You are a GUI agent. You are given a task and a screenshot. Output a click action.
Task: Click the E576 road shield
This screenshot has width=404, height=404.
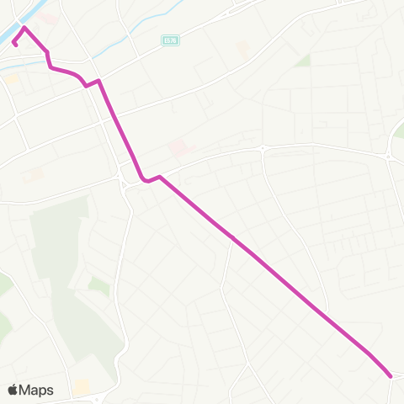click(x=167, y=40)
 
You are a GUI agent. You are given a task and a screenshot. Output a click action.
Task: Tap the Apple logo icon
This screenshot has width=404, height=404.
click(x=13, y=390)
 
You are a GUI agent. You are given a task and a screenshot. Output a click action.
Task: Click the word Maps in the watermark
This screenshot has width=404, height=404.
click(x=36, y=390)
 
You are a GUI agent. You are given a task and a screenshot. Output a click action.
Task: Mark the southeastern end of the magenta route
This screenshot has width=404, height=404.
click(x=391, y=376)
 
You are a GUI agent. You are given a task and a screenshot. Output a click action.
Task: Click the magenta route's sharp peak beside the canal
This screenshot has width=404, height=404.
click(x=24, y=28)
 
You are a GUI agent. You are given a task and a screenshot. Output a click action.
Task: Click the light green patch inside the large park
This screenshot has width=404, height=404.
click(x=98, y=286)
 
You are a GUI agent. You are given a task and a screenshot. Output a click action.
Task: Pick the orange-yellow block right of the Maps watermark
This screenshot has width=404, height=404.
click(x=82, y=387)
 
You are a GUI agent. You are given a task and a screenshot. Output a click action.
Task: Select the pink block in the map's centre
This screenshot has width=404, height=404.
click(x=178, y=148)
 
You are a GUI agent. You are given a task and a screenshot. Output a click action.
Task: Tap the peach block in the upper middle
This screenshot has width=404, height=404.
click(x=243, y=50)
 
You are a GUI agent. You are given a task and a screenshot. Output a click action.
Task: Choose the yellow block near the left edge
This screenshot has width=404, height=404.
click(x=11, y=78)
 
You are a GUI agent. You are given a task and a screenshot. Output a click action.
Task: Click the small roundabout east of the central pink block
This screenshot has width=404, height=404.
click(x=262, y=148)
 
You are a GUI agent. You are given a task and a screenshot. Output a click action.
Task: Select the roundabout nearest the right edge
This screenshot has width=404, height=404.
click(x=388, y=157)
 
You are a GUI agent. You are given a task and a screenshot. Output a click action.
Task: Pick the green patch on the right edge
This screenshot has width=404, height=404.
click(x=399, y=130)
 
